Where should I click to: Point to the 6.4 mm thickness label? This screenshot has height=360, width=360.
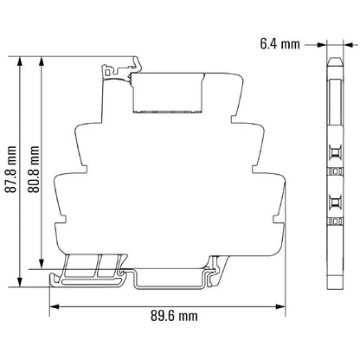click(280, 41)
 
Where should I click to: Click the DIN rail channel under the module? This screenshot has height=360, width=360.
click(174, 276)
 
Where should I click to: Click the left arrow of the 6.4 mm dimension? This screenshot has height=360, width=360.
click(325, 41)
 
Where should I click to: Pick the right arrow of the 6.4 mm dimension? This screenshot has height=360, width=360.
click(341, 41)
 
